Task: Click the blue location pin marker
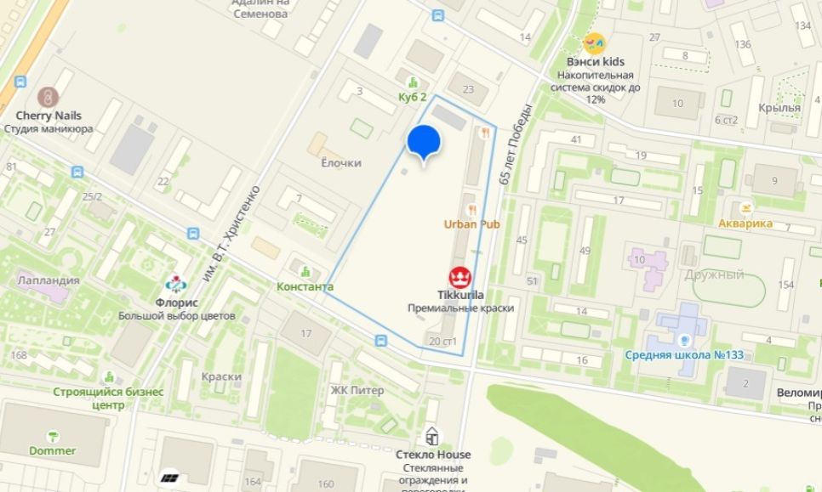423,142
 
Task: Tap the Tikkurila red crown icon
460,277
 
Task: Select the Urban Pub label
471,223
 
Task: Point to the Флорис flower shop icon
176,286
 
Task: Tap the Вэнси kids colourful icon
595,43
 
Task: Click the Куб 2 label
413,98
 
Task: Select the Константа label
305,286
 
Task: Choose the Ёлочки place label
341,162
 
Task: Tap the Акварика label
745,223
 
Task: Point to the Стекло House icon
433,437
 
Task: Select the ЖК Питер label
357,390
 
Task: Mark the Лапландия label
49,280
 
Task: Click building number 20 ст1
443,342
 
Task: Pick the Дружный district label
713,274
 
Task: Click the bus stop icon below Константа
380,341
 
